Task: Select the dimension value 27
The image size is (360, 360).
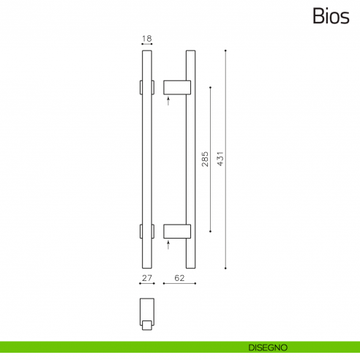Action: tap(146, 278)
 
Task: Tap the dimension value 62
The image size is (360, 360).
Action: tap(179, 278)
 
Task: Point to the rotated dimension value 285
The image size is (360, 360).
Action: tap(206, 159)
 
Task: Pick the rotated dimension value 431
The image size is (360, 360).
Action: tap(220, 159)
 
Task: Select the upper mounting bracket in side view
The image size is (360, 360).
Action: tap(176, 87)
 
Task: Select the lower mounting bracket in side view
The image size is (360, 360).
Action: tap(176, 231)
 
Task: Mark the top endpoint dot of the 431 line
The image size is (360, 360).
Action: tap(226, 50)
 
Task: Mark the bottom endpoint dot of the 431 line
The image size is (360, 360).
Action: tap(226, 268)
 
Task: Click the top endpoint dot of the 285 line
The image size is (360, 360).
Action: tap(211, 87)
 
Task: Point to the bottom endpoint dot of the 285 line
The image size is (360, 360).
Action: tap(211, 231)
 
